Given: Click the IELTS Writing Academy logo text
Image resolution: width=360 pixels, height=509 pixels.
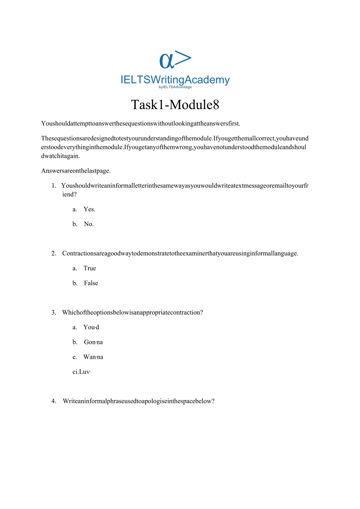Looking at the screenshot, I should pos(175,80).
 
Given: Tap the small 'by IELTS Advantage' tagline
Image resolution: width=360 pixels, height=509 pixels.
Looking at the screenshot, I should pos(175,87).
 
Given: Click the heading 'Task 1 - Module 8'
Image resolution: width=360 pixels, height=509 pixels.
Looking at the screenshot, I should pos(175,105).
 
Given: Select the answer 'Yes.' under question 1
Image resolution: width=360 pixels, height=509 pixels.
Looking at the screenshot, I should pos(89,209).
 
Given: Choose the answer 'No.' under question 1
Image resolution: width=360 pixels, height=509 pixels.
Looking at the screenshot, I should pos(89,224).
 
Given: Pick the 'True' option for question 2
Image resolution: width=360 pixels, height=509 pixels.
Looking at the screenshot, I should pos(90,268).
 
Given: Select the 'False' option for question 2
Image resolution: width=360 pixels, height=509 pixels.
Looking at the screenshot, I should pos(91,283).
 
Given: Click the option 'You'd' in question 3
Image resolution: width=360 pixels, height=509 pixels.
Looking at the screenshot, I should pos(91,327).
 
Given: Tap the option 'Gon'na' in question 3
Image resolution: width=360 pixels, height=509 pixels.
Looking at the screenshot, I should pos(93,342).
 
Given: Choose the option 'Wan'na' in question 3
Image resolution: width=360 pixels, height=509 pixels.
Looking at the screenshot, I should pos(93,357).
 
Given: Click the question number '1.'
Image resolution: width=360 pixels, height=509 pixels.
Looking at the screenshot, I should pos(54,186).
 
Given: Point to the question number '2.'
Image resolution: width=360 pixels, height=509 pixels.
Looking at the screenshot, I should pos(54,254).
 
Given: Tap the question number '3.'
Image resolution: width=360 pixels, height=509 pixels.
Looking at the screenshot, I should pos(54,313).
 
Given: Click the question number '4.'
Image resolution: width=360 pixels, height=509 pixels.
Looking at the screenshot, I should pos(54,401).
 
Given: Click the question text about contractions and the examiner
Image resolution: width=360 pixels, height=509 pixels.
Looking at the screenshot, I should pos(180,254).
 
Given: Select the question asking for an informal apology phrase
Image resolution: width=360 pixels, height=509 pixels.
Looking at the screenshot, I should pos(139,401).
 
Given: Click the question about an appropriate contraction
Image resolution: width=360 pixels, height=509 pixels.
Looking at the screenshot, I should pos(132,313).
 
